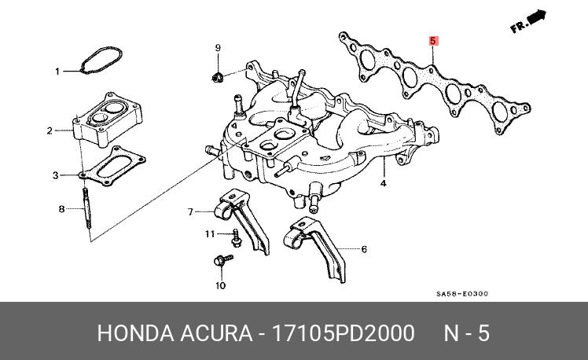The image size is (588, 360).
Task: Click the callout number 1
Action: (x=57, y=72)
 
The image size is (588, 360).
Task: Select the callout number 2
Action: (x=50, y=130)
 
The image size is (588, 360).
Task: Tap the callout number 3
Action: (x=56, y=174)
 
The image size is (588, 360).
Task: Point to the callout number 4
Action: (x=384, y=184)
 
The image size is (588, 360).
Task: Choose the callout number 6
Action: (x=364, y=250)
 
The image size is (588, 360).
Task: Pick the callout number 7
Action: (x=189, y=211)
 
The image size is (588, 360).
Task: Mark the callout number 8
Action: (x=61, y=209)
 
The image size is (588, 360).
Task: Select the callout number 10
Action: (x=221, y=285)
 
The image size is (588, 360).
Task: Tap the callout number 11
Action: (x=210, y=234)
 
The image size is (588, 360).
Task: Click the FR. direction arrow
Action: (x=528, y=22)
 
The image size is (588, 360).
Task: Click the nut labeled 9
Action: (x=219, y=76)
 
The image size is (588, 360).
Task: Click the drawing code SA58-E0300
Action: (x=462, y=294)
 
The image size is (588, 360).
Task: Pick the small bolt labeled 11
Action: (x=236, y=233)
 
